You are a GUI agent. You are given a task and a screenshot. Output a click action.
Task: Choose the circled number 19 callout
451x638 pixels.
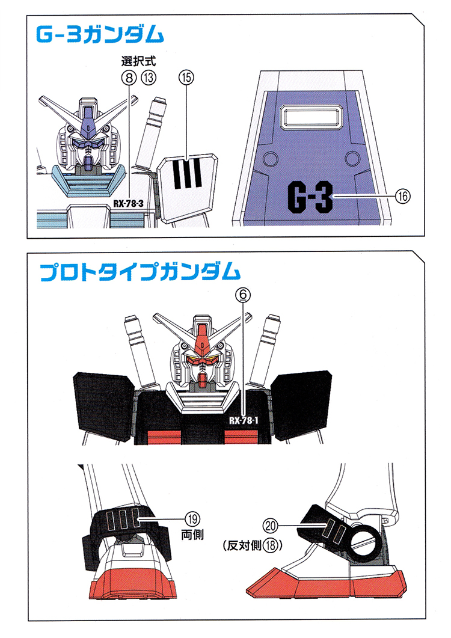pos(192,518)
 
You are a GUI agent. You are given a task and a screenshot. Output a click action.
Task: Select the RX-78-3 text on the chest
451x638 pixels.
pos(127,203)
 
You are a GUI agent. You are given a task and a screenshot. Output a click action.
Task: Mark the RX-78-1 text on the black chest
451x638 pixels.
pos(244,420)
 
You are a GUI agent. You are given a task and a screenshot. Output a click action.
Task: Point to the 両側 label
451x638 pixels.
pos(192,532)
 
